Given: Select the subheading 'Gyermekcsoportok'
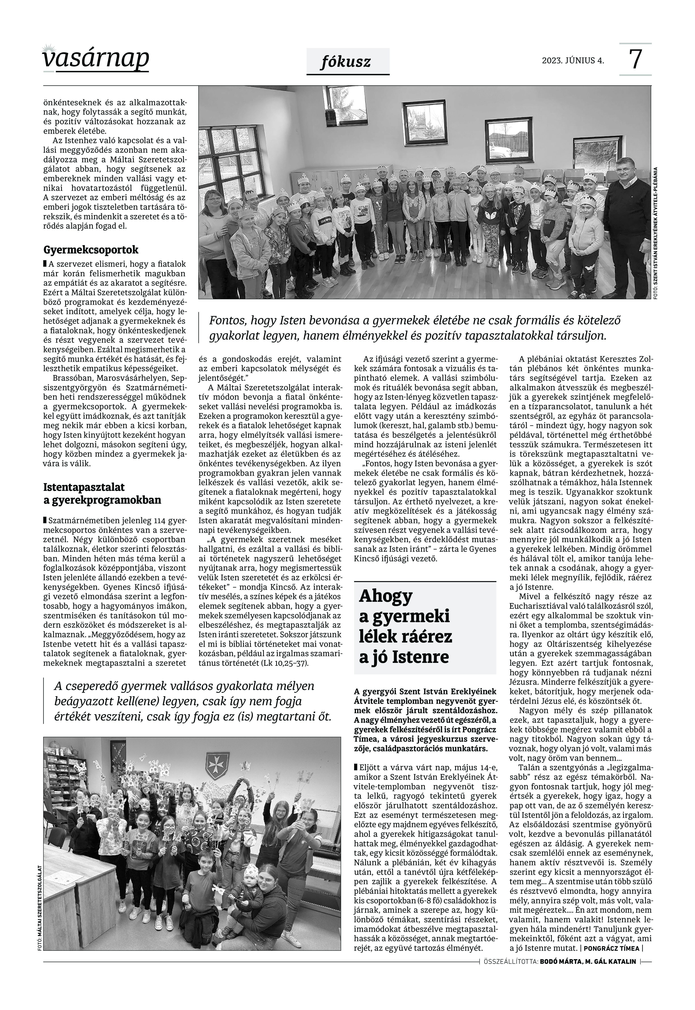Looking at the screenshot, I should (91, 250).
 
